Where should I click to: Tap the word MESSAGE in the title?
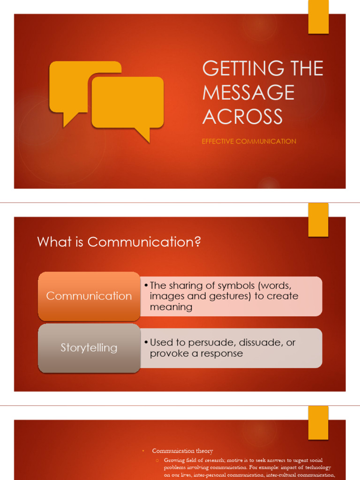pyautogui.click(x=248, y=92)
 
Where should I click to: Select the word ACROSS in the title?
pyautogui.click(x=242, y=116)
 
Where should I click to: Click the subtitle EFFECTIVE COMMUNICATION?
pyautogui.click(x=249, y=141)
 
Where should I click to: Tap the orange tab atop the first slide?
pyautogui.click(x=318, y=17)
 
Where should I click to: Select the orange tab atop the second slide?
pyautogui.click(x=318, y=220)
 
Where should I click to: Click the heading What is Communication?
pyautogui.click(x=119, y=242)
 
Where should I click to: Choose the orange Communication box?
pyautogui.click(x=89, y=296)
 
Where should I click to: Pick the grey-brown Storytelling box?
pyautogui.click(x=89, y=347)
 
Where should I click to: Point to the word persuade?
pyautogui.click(x=204, y=343)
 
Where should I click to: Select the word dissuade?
pyautogui.click(x=256, y=343)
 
